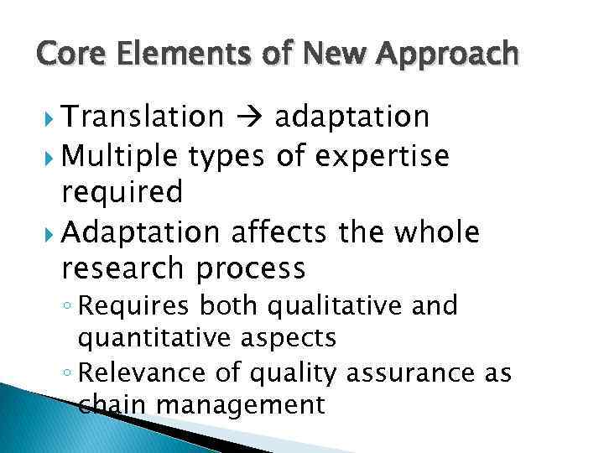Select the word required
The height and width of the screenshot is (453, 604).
(122, 194)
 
